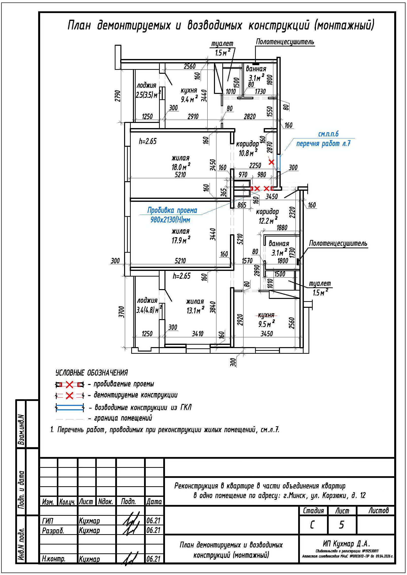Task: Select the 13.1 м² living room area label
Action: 195,310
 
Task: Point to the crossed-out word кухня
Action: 266,315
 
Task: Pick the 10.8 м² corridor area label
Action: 248,152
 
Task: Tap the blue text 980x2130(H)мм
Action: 170,220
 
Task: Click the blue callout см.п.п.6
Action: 328,134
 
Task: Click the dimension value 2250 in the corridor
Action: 255,165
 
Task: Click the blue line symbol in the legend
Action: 70,407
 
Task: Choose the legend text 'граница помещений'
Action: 123,418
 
